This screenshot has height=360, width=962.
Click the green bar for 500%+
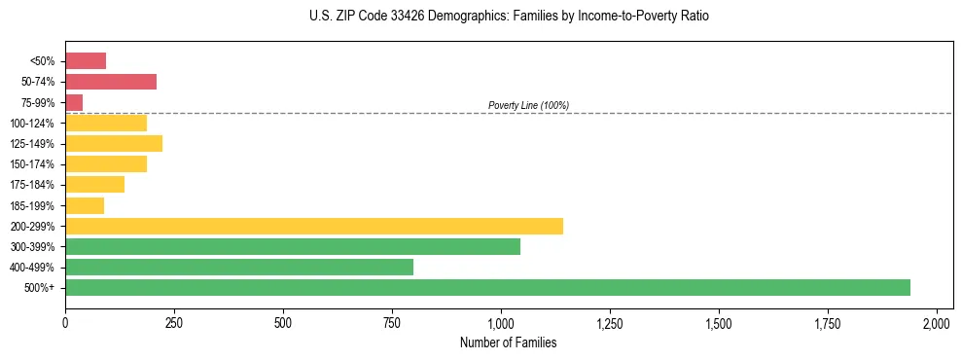pos(487,287)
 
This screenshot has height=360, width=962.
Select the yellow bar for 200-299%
pos(314,226)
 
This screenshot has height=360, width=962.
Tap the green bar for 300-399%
pos(293,246)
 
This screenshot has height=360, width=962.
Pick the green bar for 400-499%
pos(239,267)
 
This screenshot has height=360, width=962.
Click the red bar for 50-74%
pos(111,82)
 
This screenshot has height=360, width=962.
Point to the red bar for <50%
pos(86,61)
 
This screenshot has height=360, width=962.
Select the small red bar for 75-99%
pos(74,102)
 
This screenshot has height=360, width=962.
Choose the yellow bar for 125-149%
pos(114,143)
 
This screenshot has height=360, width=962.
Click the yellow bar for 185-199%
pos(85,205)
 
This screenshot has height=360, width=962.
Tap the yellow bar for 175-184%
pos(95,185)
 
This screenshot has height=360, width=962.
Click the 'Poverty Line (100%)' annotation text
pos(528,105)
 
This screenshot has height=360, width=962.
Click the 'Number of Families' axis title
pos(501,342)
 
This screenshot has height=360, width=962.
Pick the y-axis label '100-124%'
pos(32,124)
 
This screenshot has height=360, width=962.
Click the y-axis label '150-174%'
pos(32,164)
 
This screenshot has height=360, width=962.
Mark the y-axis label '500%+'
pos(40,288)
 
